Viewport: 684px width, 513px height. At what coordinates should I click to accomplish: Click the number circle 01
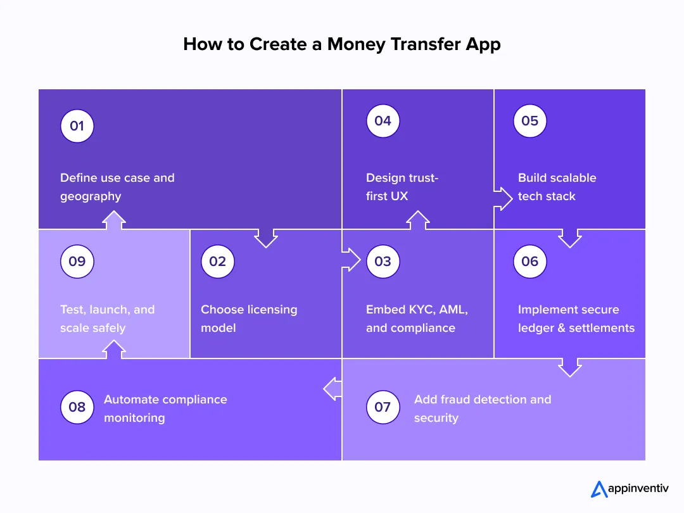tap(77, 126)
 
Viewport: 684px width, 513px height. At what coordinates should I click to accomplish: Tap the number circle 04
tap(383, 121)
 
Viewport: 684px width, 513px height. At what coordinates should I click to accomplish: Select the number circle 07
tap(383, 407)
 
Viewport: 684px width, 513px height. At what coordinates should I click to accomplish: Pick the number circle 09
tap(77, 262)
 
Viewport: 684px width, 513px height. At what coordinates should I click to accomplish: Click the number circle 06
tap(529, 262)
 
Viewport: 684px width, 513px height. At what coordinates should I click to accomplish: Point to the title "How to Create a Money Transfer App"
tap(341, 44)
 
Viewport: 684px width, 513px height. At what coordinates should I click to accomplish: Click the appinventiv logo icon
tap(598, 489)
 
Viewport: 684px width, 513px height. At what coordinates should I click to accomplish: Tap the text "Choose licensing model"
tap(249, 319)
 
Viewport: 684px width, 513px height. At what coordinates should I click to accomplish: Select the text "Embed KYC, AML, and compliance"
tap(417, 319)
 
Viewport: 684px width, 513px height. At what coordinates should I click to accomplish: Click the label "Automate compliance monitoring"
tap(165, 408)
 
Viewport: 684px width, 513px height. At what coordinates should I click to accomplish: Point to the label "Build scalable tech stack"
tap(557, 187)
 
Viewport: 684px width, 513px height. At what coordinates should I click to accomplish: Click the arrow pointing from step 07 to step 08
tap(332, 389)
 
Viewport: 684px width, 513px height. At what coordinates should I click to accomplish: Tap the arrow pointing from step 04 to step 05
tap(504, 198)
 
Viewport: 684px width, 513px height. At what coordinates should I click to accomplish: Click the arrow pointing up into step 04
tap(418, 220)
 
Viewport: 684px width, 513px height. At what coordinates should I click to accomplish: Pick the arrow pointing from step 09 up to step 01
tap(114, 220)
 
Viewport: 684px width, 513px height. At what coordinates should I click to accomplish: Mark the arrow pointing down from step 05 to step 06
tap(570, 239)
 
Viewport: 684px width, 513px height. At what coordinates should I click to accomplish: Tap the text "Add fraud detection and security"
tap(483, 408)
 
